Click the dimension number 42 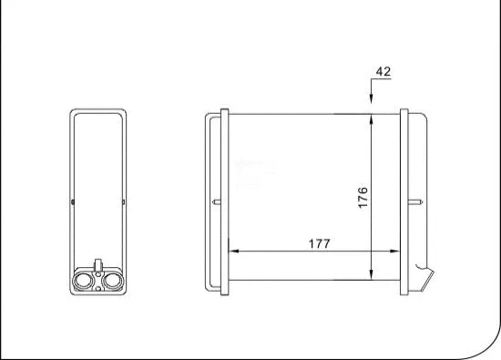tap(383, 70)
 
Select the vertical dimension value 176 tap(362, 198)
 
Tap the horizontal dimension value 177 tap(319, 243)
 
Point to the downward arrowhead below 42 tap(372, 102)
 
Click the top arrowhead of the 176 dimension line tap(372, 118)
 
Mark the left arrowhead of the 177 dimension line tap(231, 250)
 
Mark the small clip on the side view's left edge tap(72, 198)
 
